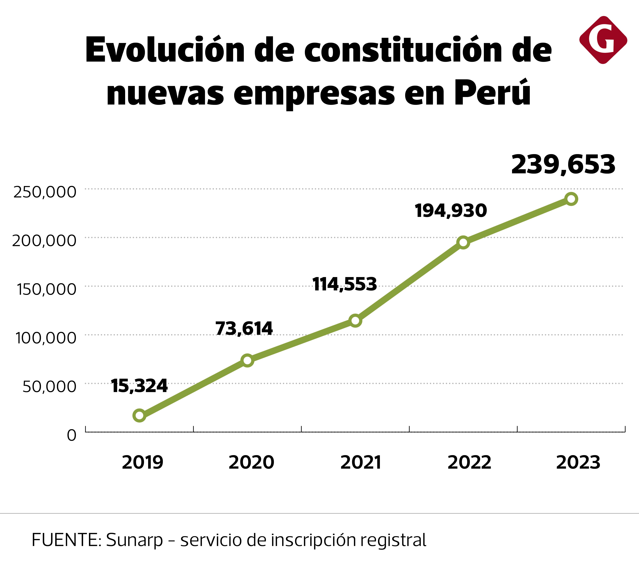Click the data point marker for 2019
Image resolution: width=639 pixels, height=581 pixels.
tap(139, 415)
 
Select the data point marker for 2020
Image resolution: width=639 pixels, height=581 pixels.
tap(248, 360)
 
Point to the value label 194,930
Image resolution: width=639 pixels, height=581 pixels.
tap(451, 211)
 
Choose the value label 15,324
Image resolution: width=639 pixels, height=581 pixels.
tap(139, 386)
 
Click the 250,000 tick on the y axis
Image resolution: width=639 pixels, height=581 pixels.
tap(45, 192)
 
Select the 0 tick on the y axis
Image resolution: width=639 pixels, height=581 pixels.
tap(72, 435)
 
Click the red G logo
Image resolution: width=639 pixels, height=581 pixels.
tap(603, 40)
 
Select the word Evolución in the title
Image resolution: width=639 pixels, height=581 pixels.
tap(165, 50)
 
